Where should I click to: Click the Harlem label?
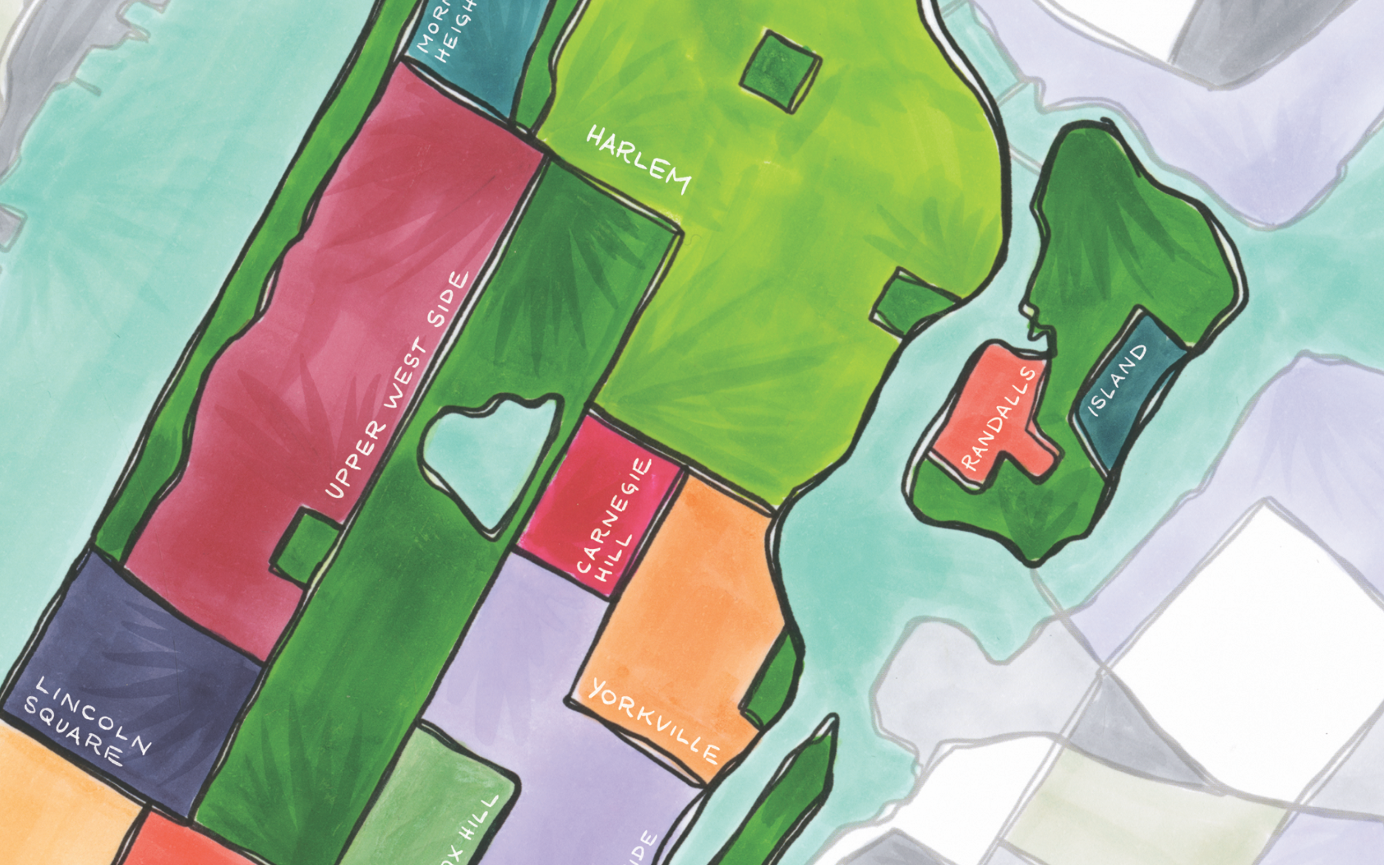pos(639,160)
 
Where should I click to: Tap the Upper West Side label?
pos(397,386)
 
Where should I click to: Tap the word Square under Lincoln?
pos(73,738)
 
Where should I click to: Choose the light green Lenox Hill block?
pos(434,801)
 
